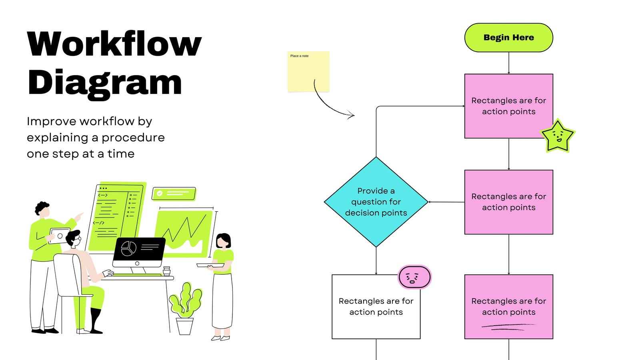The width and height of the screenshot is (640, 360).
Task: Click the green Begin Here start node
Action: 508,38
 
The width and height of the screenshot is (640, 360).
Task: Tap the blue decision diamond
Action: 376,202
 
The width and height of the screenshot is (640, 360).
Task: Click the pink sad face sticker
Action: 414,277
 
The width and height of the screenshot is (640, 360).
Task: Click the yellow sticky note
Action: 308,72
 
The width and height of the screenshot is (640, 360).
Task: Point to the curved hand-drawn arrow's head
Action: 352,115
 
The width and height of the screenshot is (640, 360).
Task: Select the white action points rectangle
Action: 376,306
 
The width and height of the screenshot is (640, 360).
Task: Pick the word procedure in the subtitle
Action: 133,138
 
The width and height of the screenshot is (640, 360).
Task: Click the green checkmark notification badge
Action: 174,194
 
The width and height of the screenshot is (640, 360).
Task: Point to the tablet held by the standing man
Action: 59,236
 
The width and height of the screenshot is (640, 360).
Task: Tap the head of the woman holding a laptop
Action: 223,241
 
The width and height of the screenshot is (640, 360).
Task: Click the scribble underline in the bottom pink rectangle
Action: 508,327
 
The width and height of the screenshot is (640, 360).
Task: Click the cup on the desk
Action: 166,270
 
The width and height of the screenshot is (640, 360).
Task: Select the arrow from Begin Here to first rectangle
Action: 508,63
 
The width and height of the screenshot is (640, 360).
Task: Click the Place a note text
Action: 299,56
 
